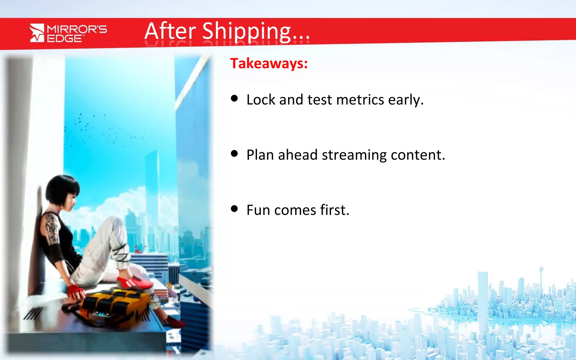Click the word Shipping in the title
coord(246,31)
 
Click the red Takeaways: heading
coord(269,63)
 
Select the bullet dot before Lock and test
coord(234,98)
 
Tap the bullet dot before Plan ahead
coord(234,154)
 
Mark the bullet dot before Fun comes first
coord(234,209)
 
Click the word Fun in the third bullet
coord(258,210)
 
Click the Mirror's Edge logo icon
coord(37,33)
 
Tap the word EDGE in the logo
coord(64,39)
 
